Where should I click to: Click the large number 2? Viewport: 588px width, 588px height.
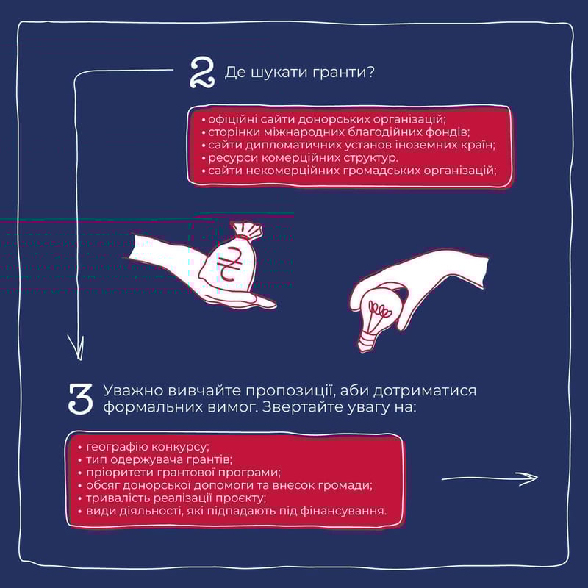[x=202, y=73]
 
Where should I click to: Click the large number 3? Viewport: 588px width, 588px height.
[x=81, y=399]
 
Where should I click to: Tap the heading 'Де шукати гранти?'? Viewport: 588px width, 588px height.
[x=300, y=72]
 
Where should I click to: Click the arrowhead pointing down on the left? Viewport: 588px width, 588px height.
[x=76, y=347]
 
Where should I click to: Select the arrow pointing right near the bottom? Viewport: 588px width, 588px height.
[x=490, y=478]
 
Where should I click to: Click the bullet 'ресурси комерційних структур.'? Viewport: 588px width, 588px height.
[x=299, y=158]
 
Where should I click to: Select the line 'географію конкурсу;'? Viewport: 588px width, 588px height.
[x=144, y=447]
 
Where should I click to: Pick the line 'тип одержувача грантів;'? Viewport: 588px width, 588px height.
[x=155, y=460]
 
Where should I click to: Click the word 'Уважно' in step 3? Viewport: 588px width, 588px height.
[x=133, y=391]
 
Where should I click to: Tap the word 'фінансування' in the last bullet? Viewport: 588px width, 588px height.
[x=343, y=511]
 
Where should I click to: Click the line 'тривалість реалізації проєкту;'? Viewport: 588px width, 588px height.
[x=172, y=498]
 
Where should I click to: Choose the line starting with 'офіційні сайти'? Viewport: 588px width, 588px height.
[x=323, y=120]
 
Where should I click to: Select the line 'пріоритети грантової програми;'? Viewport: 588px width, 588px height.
[x=179, y=473]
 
